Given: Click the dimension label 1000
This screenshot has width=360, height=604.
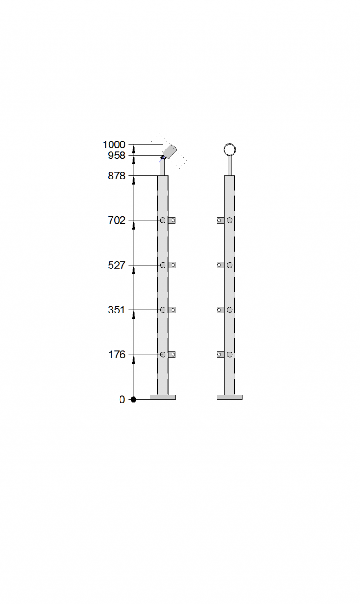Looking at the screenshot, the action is click(x=114, y=144).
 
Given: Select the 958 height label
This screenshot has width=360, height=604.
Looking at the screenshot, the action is click(x=117, y=155).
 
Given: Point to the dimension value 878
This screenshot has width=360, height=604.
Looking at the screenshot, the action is click(x=117, y=176).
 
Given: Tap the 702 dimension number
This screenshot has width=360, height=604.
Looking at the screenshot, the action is click(x=117, y=221).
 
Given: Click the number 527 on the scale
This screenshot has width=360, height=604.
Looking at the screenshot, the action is click(x=117, y=265).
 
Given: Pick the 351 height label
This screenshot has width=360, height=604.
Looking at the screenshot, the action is click(x=117, y=310).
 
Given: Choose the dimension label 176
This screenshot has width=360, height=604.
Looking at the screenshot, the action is click(x=117, y=355).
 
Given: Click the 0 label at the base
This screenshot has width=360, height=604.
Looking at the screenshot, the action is click(x=122, y=400).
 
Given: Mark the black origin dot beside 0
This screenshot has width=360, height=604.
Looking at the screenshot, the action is click(x=134, y=400).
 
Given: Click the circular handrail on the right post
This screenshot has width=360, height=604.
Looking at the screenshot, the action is click(x=230, y=144).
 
